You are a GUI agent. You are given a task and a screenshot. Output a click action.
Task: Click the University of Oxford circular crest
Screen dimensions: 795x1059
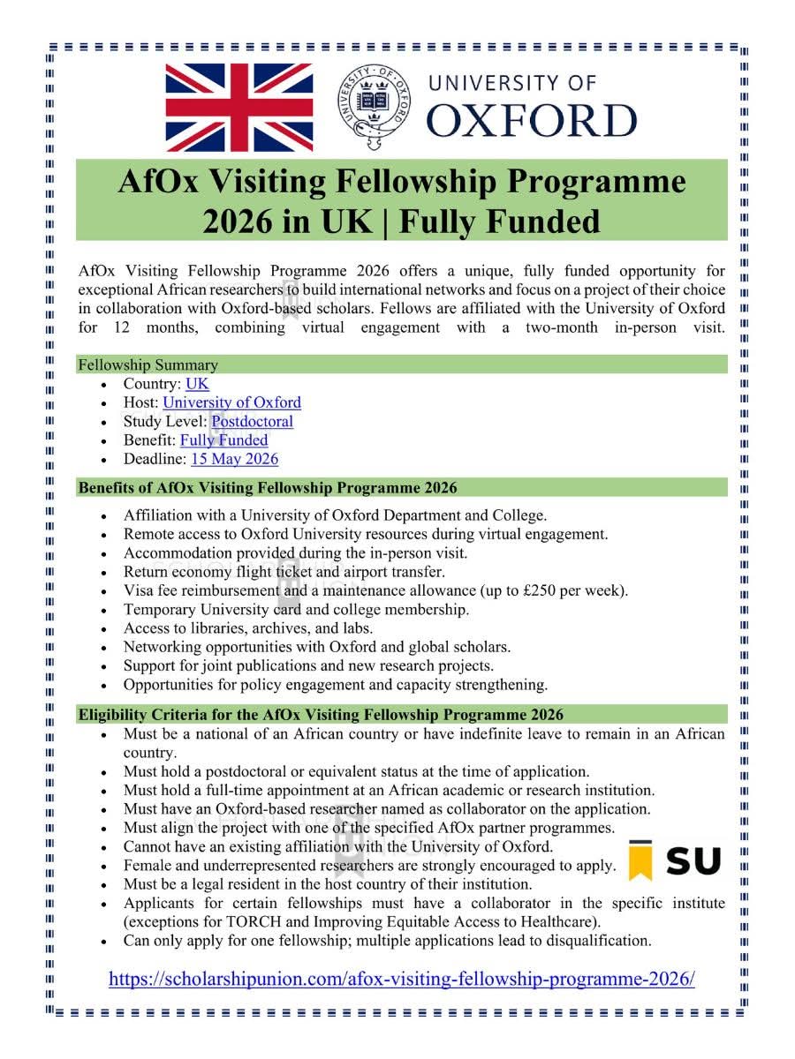375,108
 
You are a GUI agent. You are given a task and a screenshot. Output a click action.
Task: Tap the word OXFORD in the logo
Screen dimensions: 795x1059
530,121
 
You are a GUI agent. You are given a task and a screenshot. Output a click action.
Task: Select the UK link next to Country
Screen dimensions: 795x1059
197,384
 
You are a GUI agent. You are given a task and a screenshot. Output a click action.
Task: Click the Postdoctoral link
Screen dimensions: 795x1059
252,421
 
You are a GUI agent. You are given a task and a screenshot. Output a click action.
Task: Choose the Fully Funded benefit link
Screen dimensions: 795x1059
223,439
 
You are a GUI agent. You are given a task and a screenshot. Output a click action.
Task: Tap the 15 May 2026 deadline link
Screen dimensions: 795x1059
234,459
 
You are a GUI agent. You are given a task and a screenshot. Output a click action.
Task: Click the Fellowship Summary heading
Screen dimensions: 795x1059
148,364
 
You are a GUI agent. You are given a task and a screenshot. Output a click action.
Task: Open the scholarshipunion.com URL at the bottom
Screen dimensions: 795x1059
401,979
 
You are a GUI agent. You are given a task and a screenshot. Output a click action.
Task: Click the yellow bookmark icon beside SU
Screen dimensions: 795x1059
640,860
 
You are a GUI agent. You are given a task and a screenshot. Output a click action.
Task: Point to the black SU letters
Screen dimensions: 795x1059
693,861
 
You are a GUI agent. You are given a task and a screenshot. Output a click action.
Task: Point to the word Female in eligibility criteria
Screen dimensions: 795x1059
148,866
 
